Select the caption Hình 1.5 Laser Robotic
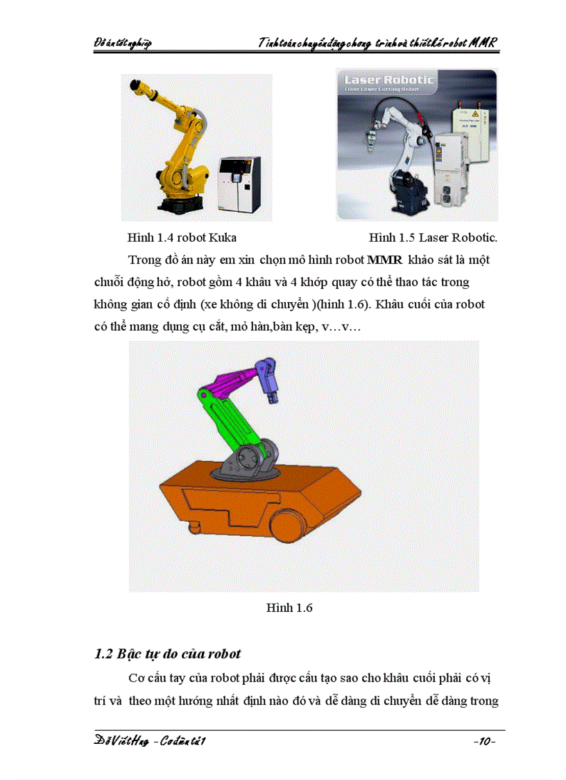tap(433, 238)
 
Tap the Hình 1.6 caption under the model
tap(289, 608)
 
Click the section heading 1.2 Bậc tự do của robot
tap(167, 654)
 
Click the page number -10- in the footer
tap(483, 742)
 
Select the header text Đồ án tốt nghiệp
tap(123, 44)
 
